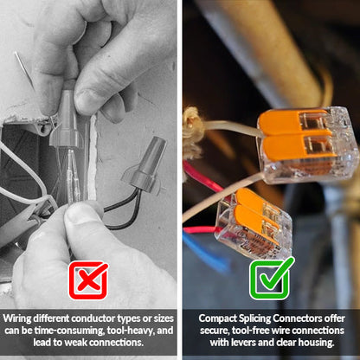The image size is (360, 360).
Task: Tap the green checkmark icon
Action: point(271,279)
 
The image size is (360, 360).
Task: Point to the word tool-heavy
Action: point(139,330)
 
